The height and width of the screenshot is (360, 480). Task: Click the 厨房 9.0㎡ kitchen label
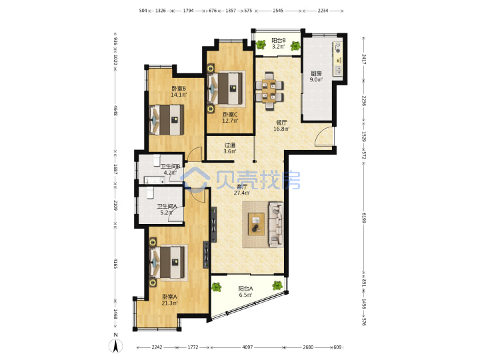[x=316, y=77]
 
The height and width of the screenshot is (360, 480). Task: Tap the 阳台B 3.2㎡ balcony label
[x=279, y=43]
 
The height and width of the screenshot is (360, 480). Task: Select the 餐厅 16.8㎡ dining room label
[x=281, y=125]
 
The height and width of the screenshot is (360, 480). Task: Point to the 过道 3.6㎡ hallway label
[x=229, y=148]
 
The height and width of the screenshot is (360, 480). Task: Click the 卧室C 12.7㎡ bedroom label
[x=230, y=117]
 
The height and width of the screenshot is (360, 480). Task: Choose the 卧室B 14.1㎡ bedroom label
[x=179, y=91]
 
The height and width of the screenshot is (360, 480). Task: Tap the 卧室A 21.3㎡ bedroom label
[x=169, y=300]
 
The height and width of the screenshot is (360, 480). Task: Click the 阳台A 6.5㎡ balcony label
[x=245, y=291]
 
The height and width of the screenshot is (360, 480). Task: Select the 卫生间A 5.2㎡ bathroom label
[x=167, y=209]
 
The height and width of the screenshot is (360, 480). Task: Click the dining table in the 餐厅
[x=269, y=91]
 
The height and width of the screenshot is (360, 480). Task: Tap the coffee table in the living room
[x=256, y=224]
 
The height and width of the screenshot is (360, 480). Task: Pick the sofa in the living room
[x=276, y=224]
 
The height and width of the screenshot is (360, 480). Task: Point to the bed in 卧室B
[x=167, y=120]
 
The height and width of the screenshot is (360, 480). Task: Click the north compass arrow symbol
[x=116, y=346]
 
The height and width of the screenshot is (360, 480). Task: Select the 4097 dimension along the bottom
[x=247, y=347]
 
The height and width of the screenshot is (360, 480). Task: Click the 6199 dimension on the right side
[x=364, y=218]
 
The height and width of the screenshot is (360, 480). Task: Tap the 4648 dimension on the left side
[x=115, y=111]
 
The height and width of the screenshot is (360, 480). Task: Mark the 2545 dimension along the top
[x=278, y=11]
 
